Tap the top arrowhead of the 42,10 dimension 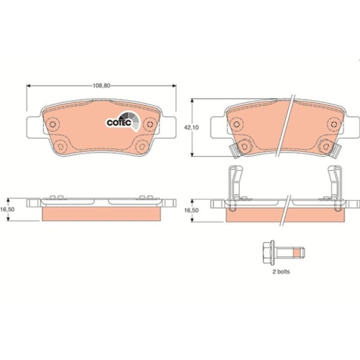point(192,100)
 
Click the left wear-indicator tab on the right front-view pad point(232,150)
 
